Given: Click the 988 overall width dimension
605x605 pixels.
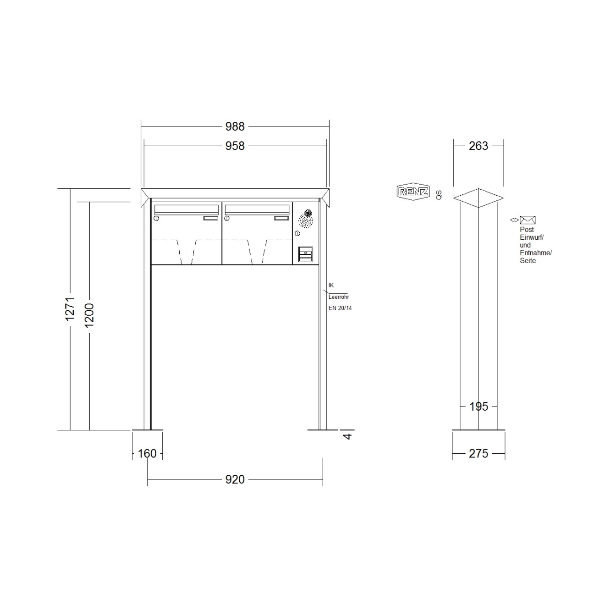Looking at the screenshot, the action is pos(235,126).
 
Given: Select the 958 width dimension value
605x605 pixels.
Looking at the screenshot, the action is pos(235,146).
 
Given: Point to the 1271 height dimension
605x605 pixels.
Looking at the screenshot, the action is pos(70,309).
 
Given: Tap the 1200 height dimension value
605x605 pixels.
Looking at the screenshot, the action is pos(89,315).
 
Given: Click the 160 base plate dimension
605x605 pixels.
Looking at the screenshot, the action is pos(147,454).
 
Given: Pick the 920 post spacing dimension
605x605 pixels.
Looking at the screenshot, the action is pos(235,479).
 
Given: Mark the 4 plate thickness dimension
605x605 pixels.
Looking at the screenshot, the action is pos(347,436).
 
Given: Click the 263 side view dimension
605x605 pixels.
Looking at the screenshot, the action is pos(478,146).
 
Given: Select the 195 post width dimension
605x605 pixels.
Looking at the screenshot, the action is pos(478,407).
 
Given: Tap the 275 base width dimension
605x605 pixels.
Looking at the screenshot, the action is pos(478,454).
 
